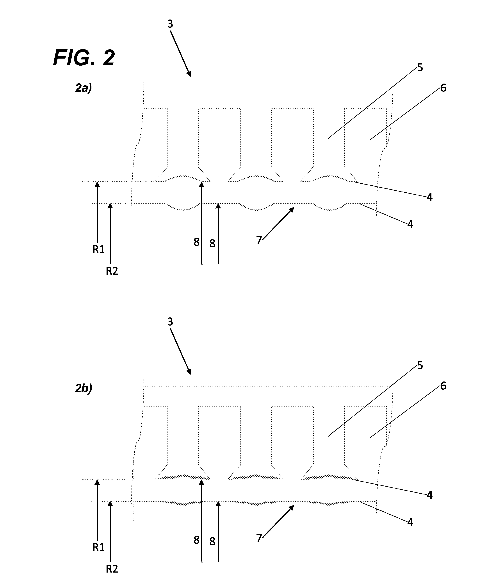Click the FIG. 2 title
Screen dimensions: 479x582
(84, 58)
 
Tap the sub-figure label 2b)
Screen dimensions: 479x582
(84, 388)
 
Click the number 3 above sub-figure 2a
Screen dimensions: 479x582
(170, 24)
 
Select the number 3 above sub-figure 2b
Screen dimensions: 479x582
(170, 322)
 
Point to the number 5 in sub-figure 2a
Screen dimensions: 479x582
(420, 68)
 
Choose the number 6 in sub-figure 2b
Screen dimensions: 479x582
(443, 386)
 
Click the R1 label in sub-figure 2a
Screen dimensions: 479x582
(98, 249)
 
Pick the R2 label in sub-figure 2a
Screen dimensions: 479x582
(112, 271)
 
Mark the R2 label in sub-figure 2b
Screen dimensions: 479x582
(112, 569)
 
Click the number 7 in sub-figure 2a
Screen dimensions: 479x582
(259, 240)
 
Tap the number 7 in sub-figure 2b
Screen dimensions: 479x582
(259, 538)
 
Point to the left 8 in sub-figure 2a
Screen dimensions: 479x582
(196, 242)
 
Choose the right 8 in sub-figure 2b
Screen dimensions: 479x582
(212, 541)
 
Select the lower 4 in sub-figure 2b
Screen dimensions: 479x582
(410, 522)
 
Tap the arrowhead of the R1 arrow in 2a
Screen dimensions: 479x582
(97, 183)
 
